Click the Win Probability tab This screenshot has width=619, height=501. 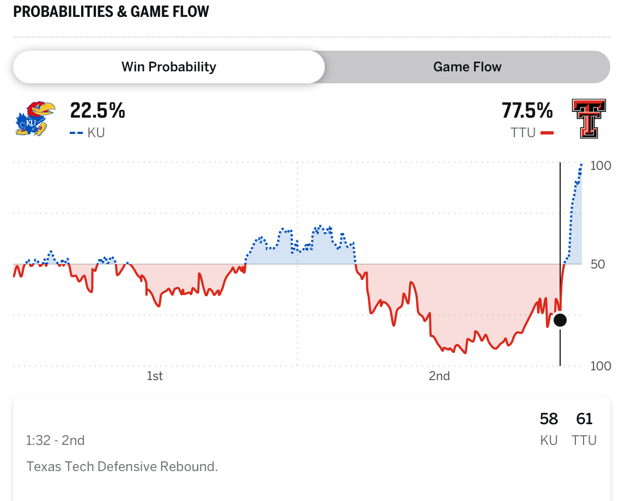pyautogui.click(x=169, y=67)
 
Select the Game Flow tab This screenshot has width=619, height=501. pyautogui.click(x=467, y=67)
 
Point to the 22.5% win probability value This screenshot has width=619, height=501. pyautogui.click(x=98, y=111)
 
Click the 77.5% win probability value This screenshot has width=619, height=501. pyautogui.click(x=527, y=111)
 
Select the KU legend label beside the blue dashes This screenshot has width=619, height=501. pyautogui.click(x=96, y=132)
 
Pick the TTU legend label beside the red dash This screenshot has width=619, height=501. pyautogui.click(x=524, y=132)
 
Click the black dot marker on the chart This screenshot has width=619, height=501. pyautogui.click(x=560, y=320)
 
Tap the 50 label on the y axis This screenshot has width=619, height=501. pyautogui.click(x=597, y=265)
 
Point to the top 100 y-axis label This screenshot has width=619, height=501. pyautogui.click(x=600, y=166)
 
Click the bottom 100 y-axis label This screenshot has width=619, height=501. pyautogui.click(x=600, y=366)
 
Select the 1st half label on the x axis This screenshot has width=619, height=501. pyautogui.click(x=155, y=376)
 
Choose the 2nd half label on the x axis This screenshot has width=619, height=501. pyautogui.click(x=439, y=376)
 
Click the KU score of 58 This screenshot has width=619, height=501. pyautogui.click(x=549, y=419)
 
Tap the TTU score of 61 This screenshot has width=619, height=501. pyautogui.click(x=584, y=419)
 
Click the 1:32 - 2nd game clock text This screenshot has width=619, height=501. pyautogui.click(x=56, y=440)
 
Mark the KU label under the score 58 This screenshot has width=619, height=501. pyautogui.click(x=549, y=440)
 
